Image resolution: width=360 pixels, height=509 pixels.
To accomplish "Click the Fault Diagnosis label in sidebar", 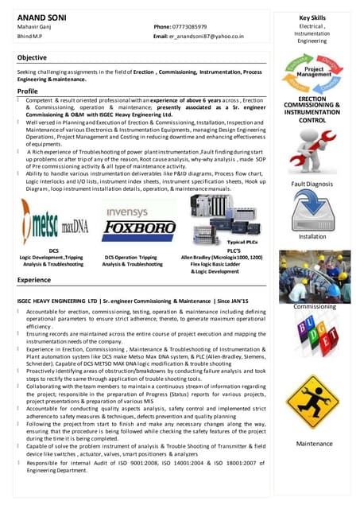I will (312, 185).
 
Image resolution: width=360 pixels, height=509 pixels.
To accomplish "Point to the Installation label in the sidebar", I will (312, 236).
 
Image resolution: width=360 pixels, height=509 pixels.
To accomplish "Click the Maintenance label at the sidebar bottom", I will (314, 443).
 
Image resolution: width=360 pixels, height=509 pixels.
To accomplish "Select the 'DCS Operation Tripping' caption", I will (132, 257).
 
